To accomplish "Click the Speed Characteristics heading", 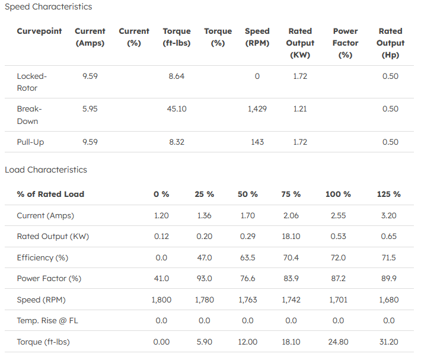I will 49,7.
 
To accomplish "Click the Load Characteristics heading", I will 46,170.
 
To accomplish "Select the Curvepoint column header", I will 39,31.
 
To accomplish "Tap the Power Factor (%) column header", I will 345,43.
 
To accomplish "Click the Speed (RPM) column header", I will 257,37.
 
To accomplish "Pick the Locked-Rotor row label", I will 31,82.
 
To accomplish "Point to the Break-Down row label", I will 29,115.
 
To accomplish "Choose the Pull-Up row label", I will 30,142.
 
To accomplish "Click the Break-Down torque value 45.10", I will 177,109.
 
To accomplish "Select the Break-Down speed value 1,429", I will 257,109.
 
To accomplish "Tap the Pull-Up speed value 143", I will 257,142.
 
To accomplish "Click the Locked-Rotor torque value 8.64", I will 177,77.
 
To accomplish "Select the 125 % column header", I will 388,195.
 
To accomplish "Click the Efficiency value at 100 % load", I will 338,258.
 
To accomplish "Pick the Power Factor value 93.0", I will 204,279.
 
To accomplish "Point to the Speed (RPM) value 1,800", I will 161,300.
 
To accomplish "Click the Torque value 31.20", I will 388,342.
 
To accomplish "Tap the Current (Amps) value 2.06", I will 291,216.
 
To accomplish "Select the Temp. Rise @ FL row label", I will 49,321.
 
